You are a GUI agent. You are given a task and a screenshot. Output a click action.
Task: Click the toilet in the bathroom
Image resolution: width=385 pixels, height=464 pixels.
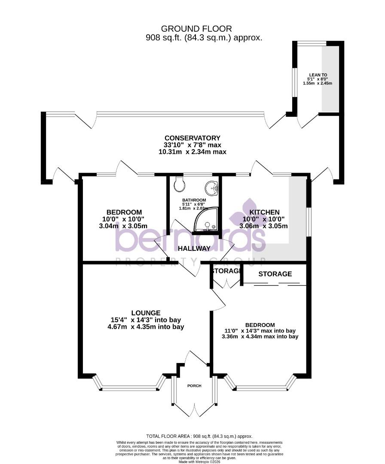pos(180,185)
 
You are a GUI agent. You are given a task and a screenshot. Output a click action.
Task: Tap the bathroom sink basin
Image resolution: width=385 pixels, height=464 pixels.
pos(211,188)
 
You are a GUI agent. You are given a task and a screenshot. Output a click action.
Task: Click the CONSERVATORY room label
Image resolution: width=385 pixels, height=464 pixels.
pos(192,138)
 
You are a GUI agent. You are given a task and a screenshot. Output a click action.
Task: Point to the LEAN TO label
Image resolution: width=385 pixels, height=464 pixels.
pos(318,74)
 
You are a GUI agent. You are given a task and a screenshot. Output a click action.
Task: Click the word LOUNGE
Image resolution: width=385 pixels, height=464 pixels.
pos(146,313)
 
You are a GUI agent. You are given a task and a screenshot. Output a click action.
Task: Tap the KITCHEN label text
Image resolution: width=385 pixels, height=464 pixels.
pos(265,212)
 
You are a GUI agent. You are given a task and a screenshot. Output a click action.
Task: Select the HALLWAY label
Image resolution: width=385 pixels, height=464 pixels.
pos(194,248)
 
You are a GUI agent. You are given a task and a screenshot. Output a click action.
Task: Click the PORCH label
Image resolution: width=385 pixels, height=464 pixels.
pos(194,385)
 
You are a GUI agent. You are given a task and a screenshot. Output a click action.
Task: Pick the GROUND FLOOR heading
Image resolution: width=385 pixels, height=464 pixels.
pos(196,29)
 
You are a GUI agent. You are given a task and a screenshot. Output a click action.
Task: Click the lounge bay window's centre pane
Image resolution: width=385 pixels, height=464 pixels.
pos(130,388)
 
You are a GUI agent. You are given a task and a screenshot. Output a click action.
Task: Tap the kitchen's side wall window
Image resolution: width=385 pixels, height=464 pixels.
pos(308,221)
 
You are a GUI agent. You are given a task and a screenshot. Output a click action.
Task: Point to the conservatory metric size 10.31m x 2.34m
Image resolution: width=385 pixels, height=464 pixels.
pos(192,152)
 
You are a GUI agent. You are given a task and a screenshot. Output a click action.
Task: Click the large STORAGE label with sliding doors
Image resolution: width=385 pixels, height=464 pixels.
pos(275,274)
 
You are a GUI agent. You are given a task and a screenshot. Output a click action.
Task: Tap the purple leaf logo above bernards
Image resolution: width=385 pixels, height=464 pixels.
pos(248,212)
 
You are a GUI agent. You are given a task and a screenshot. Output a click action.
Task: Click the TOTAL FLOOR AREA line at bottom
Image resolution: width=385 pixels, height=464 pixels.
pos(199,436)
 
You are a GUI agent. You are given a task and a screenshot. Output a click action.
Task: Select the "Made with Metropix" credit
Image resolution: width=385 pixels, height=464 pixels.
pos(199,461)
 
